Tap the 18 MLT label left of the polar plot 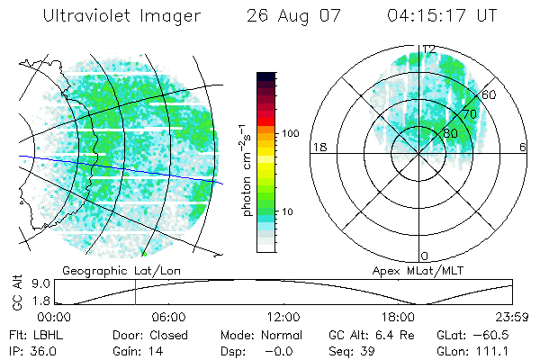318,147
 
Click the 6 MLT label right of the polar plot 524,147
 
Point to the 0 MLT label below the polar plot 425,256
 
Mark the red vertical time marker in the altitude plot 135,292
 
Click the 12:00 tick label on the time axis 283,318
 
